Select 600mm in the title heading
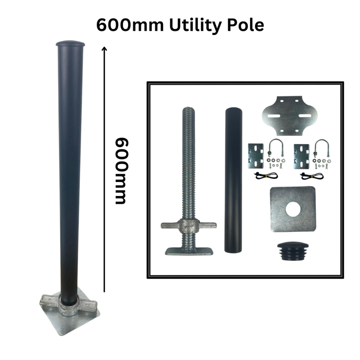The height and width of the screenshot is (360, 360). click(130, 25)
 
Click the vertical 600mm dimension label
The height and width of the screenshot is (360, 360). click(121, 171)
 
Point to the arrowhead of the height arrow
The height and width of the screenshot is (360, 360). click(104, 48)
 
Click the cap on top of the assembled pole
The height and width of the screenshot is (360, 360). click(70, 43)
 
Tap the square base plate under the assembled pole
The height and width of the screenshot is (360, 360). click(70, 315)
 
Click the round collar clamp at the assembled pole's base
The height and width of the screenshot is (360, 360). click(68, 305)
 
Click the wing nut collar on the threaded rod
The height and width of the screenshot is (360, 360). click(189, 225)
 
